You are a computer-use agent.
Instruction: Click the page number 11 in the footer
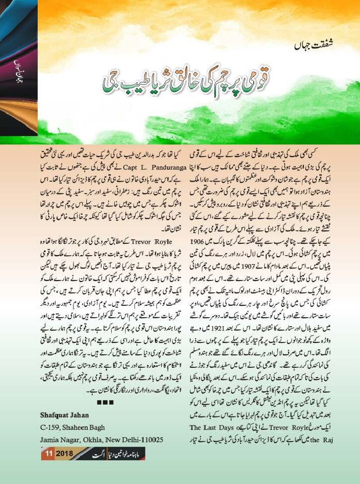[49, 454]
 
